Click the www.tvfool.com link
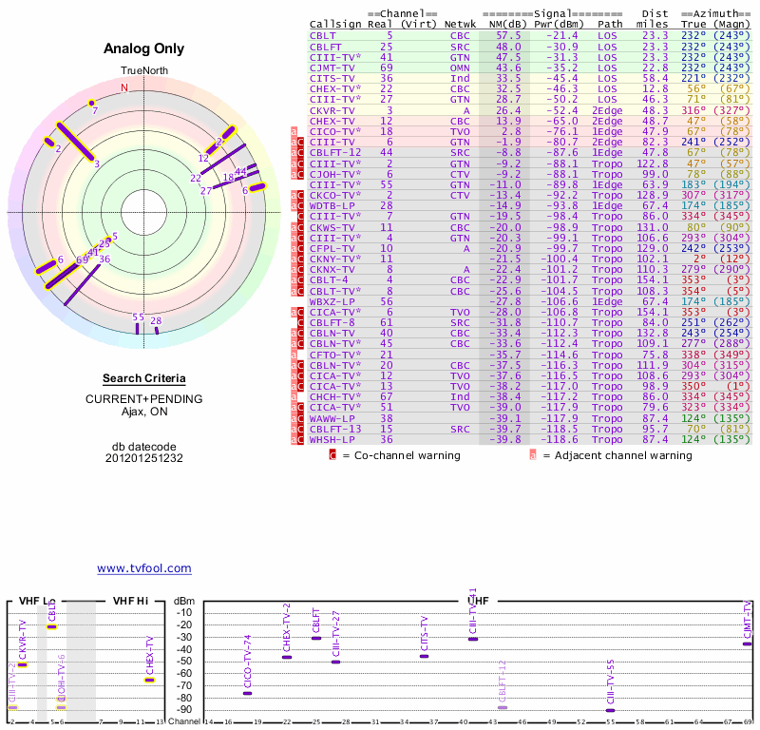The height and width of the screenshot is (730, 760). [144, 568]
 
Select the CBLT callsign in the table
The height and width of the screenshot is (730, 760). [323, 34]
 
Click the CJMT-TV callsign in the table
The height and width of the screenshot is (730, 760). [329, 67]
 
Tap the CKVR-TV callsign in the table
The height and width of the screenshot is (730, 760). [329, 110]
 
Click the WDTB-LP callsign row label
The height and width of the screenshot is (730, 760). [329, 205]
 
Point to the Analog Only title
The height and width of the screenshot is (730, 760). [144, 48]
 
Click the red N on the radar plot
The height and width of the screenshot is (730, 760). [123, 88]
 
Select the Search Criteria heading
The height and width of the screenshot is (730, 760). [144, 378]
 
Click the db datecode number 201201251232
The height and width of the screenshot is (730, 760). [144, 457]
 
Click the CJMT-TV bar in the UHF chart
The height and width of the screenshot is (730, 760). [748, 644]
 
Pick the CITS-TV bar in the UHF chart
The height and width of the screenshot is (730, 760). [425, 656]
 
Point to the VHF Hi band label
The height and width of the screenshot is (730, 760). [131, 601]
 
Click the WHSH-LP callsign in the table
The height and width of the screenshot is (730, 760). [329, 438]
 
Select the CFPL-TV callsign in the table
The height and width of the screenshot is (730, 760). [329, 247]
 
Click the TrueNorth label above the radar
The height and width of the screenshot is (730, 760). [142, 71]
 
